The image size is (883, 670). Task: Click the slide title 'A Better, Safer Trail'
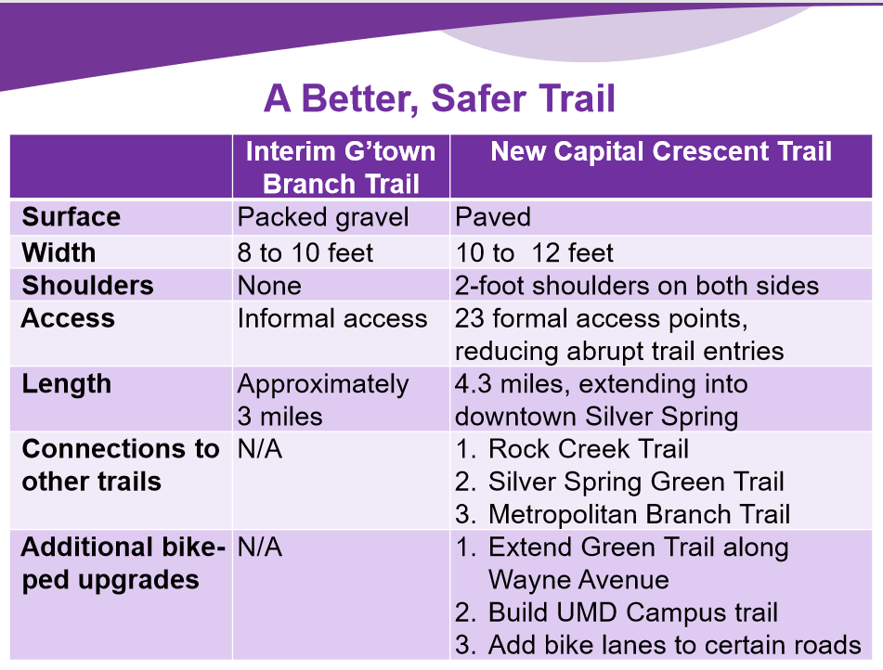(439, 99)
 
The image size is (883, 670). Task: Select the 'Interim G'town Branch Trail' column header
(341, 167)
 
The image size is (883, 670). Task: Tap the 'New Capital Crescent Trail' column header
(661, 151)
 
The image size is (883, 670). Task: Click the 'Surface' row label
(71, 217)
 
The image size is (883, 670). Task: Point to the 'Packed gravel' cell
(323, 218)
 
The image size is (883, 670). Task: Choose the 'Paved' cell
(493, 217)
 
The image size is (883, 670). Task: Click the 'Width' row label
(58, 252)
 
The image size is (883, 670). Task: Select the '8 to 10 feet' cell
(305, 252)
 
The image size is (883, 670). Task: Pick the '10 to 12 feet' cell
(534, 252)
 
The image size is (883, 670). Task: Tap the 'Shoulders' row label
(88, 286)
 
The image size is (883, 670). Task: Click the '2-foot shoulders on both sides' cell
(637, 286)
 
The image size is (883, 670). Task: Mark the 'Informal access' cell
(332, 318)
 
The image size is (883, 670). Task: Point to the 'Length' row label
(67, 385)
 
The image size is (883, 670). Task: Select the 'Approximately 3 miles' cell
(323, 400)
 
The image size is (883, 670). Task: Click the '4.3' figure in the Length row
(473, 384)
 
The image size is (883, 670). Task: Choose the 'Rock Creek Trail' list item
(589, 449)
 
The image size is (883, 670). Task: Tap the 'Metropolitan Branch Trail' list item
(639, 515)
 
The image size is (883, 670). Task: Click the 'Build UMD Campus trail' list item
(633, 612)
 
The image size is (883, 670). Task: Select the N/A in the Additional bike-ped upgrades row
(260, 548)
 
